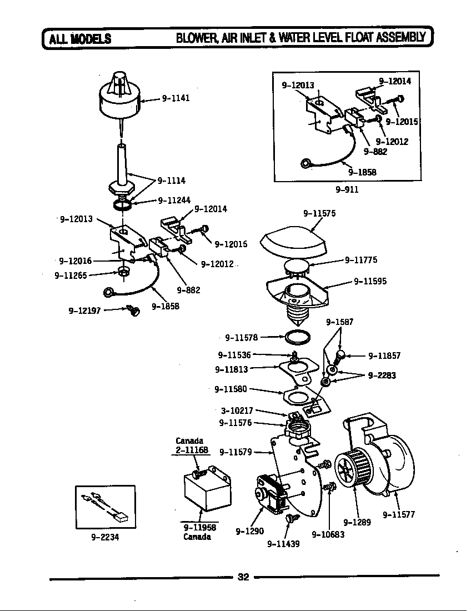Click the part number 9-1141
point(176,98)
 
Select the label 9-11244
point(175,201)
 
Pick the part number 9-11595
point(370,281)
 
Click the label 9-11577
point(399,514)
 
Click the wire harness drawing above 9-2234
point(105,505)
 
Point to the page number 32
point(243,577)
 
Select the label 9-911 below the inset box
point(347,189)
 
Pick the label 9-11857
point(384,356)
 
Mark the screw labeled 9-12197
point(133,310)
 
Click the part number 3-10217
point(237,410)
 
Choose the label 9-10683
point(328,534)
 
